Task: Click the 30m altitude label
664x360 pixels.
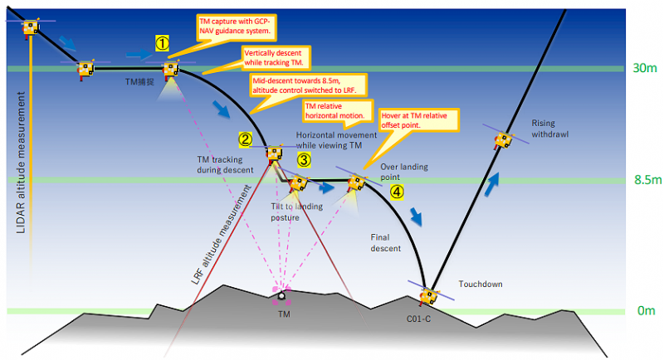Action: click(x=645, y=68)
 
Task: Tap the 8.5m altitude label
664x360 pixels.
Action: click(x=647, y=180)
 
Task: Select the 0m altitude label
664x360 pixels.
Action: click(x=647, y=311)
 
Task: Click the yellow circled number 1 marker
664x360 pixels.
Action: click(x=162, y=43)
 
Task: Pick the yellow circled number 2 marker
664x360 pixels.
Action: click(x=246, y=139)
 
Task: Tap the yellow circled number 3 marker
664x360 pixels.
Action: click(x=304, y=160)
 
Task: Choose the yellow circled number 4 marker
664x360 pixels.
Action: click(x=397, y=192)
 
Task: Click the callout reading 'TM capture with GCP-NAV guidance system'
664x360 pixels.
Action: click(x=236, y=27)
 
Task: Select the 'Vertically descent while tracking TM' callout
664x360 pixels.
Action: click(x=276, y=58)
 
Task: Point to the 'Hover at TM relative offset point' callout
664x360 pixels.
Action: click(x=418, y=120)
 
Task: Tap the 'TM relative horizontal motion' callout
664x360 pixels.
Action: click(x=338, y=111)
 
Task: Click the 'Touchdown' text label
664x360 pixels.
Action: click(x=481, y=284)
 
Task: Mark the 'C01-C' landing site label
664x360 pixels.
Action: click(x=419, y=319)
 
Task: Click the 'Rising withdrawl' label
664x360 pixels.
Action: click(x=550, y=129)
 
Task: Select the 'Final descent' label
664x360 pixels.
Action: click(x=385, y=243)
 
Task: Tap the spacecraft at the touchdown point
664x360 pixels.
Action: click(x=428, y=296)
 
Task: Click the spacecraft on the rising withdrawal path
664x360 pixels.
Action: click(x=504, y=140)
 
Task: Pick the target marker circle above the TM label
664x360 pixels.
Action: click(x=281, y=296)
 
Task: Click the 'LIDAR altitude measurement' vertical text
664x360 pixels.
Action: click(x=21, y=163)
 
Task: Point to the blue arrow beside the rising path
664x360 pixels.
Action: click(x=491, y=184)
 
